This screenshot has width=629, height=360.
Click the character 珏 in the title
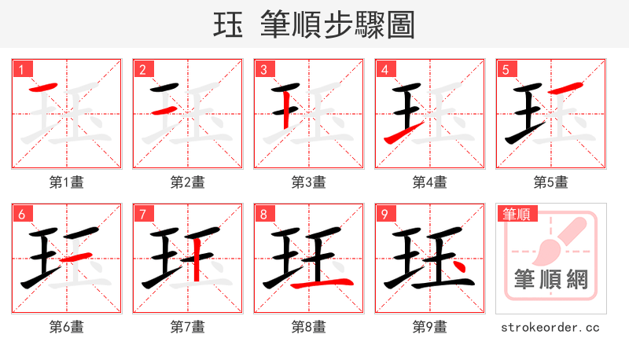click(227, 25)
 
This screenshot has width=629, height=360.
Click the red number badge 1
click(21, 69)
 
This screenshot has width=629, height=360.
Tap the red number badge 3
click(263, 69)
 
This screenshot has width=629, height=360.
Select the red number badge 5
click(506, 69)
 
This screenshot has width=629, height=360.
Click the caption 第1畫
click(67, 182)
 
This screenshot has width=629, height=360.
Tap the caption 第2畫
click(188, 182)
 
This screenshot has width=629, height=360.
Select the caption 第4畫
click(430, 182)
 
